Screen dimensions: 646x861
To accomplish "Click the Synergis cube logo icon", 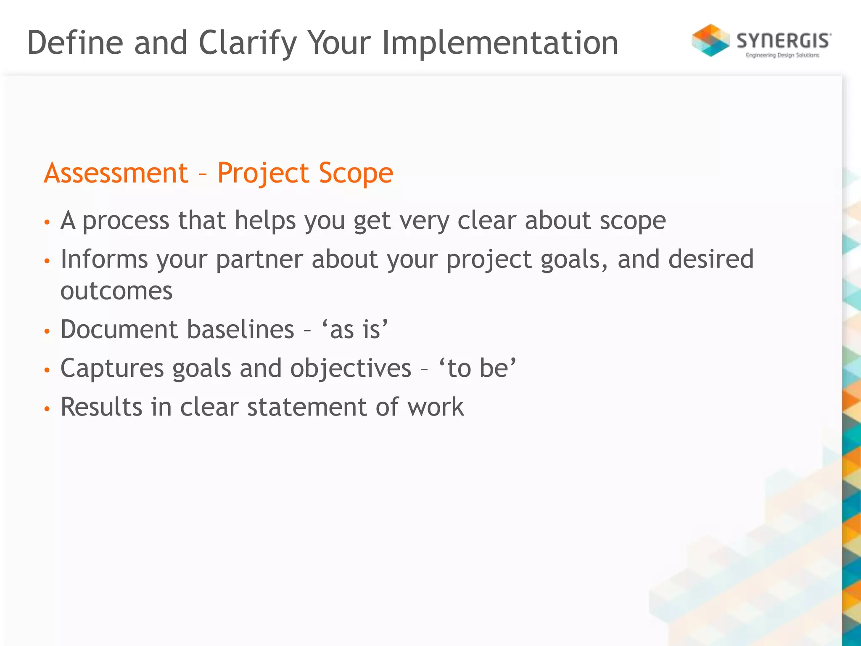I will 710,40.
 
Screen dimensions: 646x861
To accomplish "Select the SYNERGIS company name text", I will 784,41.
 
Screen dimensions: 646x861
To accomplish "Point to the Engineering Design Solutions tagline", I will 782,55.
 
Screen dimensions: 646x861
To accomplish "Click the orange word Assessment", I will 116,173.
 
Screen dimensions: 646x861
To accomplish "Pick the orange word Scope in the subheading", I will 356,173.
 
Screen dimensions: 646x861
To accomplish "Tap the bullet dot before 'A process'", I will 47,222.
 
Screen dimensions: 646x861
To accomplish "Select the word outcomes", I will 116,291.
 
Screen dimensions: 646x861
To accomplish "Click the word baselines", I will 240,329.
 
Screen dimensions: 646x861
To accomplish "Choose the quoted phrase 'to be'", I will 478,368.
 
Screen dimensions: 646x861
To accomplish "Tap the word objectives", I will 350,368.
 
